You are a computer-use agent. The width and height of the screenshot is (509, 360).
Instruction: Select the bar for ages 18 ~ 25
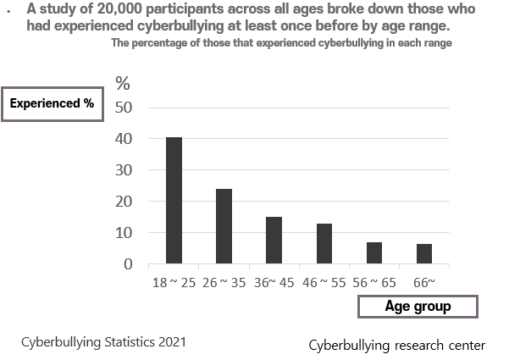174,200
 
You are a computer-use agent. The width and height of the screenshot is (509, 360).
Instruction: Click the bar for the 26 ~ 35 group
224,226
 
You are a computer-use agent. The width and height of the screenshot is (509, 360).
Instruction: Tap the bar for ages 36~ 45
274,240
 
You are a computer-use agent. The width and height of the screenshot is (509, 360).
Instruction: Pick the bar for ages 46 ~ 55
324,243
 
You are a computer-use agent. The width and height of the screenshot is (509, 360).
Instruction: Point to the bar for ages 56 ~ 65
374,252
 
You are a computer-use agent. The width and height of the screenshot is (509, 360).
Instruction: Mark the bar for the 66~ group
425,253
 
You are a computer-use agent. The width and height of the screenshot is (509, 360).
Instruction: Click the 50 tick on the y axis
124,108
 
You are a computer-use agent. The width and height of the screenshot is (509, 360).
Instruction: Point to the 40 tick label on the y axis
124,139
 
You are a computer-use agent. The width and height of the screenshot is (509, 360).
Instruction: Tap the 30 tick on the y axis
124,170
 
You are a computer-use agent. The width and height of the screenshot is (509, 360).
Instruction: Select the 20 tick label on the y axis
124,202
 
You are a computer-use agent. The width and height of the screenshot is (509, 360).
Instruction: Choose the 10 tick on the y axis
124,233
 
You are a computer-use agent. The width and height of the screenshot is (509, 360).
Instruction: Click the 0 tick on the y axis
128,264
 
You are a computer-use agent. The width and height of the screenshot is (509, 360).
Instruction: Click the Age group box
418,307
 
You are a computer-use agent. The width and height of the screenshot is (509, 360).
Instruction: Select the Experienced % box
51,104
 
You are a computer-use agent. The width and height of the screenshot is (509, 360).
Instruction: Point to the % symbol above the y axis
124,83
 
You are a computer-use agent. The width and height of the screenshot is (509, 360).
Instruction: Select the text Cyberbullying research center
396,345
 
